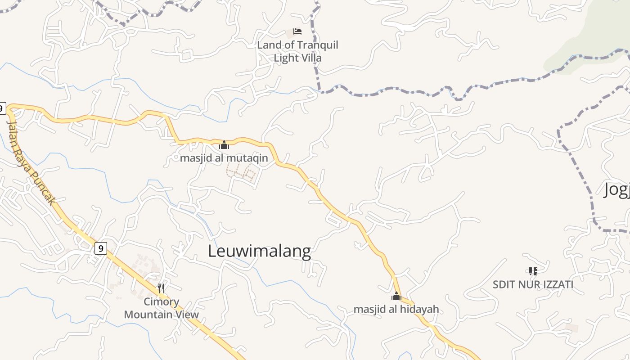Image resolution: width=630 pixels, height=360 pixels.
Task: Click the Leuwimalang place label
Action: click(259, 251)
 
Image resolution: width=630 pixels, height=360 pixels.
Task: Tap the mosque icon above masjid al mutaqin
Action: click(224, 145)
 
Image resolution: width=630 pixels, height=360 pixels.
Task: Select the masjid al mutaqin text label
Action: click(224, 158)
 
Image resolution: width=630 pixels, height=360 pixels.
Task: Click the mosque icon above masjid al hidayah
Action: click(396, 296)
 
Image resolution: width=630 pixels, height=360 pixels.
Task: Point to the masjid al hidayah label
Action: click(396, 309)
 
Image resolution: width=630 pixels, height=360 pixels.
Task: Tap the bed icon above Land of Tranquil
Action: click(297, 31)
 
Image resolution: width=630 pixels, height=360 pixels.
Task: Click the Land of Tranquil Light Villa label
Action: click(297, 51)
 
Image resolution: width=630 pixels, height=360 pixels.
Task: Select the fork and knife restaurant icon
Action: click(161, 288)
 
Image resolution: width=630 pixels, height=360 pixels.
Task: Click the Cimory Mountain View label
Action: click(161, 308)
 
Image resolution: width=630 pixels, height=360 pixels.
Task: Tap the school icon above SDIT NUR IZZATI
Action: click(533, 271)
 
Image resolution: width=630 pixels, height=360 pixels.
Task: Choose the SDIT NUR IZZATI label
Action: click(533, 284)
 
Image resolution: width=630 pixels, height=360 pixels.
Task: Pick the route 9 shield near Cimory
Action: click(101, 248)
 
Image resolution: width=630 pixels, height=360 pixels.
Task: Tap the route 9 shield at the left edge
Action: click(2, 108)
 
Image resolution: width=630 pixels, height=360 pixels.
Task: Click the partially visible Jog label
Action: click(616, 190)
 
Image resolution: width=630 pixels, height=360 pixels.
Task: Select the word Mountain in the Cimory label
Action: click(147, 314)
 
